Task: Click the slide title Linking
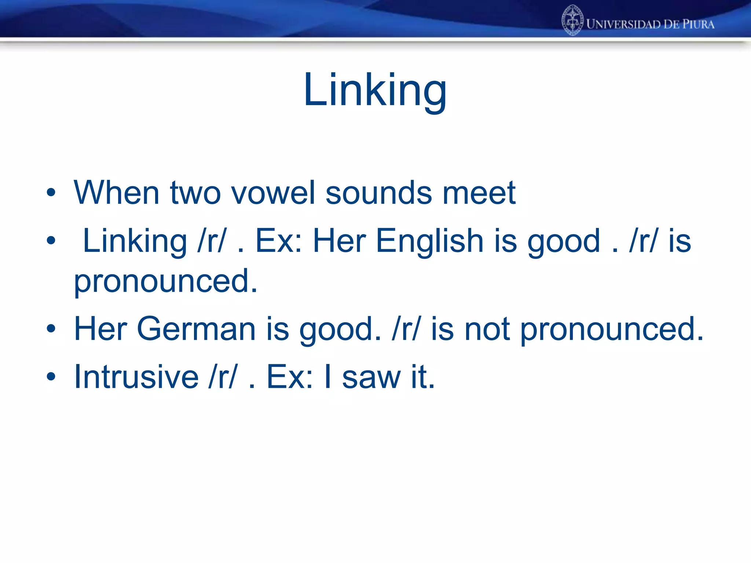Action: pyautogui.click(x=375, y=91)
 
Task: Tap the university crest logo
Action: pyautogui.click(x=572, y=20)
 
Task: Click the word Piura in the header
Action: pyautogui.click(x=698, y=25)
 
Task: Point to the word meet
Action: pyautogui.click(x=479, y=193)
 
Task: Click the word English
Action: pyautogui.click(x=430, y=241)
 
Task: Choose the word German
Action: pyautogui.click(x=196, y=329)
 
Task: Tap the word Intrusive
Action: pyautogui.click(x=136, y=377)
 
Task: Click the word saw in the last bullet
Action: pyautogui.click(x=371, y=377)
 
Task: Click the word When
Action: pyautogui.click(x=117, y=193)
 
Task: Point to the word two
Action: pyautogui.click(x=195, y=193)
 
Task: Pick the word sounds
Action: pyautogui.click(x=378, y=193)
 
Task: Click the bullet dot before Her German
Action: pyautogui.click(x=51, y=329)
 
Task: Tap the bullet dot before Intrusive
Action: pyautogui.click(x=51, y=377)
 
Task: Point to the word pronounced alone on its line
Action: pyautogui.click(x=166, y=281)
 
